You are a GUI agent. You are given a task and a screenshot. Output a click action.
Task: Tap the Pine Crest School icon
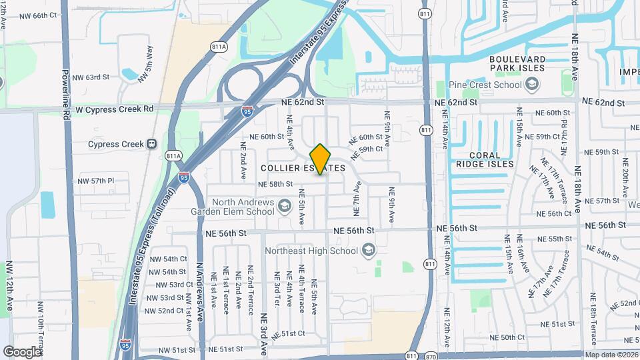click(532, 85)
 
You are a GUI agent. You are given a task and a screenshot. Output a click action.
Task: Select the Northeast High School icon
click(367, 251)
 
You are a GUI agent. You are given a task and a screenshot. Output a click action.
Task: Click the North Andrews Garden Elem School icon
click(285, 206)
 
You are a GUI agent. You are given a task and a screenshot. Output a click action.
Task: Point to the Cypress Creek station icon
click(152, 144)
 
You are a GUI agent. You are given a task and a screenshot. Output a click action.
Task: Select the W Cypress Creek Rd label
click(114, 109)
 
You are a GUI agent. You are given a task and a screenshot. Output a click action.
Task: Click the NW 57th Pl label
click(96, 181)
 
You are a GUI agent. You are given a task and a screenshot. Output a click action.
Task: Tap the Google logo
click(22, 351)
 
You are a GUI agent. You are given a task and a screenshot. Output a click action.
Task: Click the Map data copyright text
click(611, 355)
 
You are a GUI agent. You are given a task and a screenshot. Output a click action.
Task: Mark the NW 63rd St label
click(90, 77)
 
